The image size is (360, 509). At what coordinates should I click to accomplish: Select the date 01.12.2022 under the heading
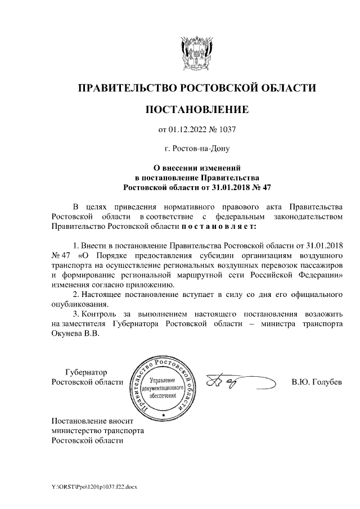tap(189, 130)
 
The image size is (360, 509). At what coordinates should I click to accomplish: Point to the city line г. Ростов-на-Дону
tap(196, 149)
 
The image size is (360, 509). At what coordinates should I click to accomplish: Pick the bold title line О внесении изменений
tap(197, 168)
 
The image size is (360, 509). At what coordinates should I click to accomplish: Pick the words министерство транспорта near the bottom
tap(97, 430)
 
